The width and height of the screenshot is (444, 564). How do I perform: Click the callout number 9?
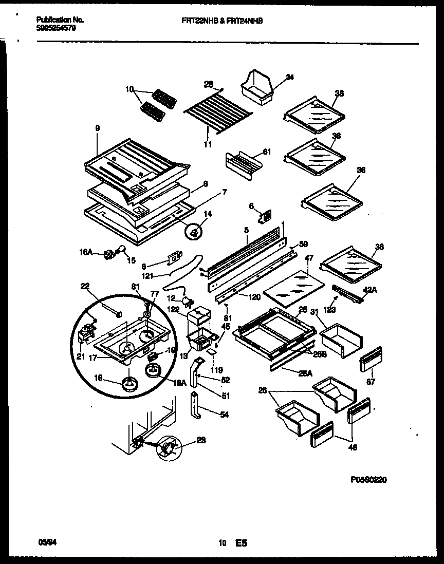(97, 128)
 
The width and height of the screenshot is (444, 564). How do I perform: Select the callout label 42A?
(370, 290)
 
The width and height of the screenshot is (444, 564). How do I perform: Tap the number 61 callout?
(266, 151)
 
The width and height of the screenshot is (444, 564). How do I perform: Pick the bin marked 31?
(340, 339)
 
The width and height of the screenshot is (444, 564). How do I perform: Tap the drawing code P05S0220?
(368, 479)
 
